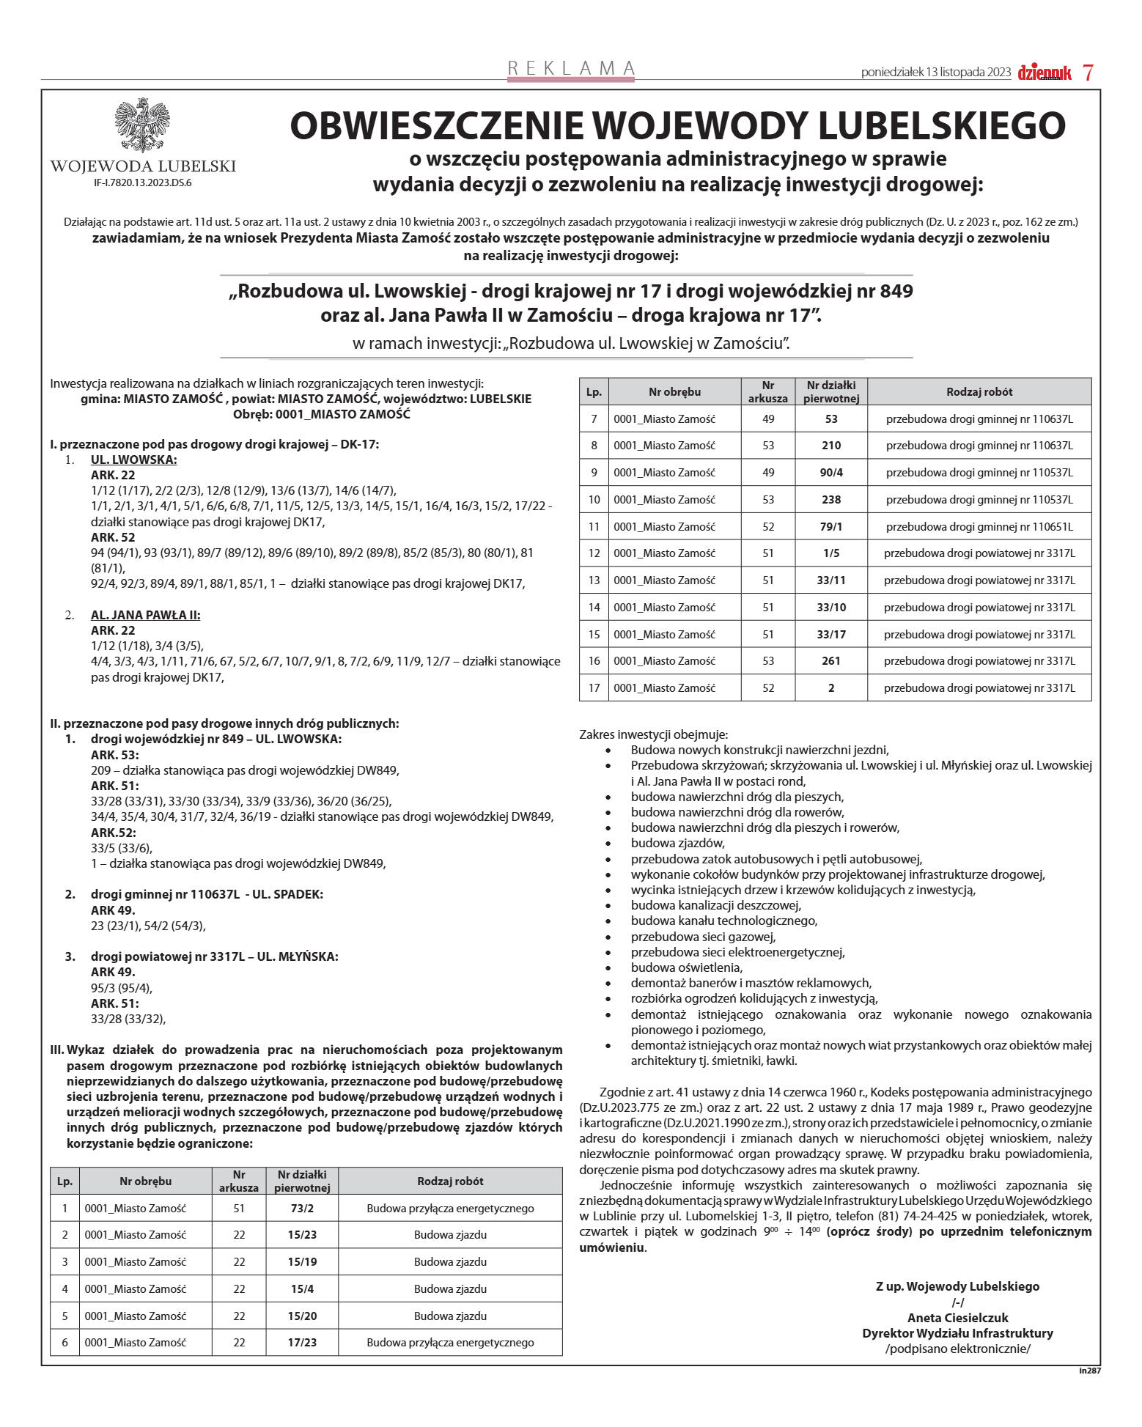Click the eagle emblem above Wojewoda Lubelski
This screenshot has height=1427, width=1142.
[142, 125]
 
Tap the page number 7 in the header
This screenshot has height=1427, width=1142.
[1088, 73]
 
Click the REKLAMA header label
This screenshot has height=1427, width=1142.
[571, 68]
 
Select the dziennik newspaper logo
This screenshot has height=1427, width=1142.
[1045, 73]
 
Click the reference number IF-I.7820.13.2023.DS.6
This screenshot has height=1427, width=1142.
[143, 183]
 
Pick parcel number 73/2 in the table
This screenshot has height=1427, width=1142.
[302, 1208]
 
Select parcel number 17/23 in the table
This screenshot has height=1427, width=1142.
[302, 1342]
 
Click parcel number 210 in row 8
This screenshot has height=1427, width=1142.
[830, 446]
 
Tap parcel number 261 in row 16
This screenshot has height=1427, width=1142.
[830, 661]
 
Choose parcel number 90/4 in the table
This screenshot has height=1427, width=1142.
[830, 473]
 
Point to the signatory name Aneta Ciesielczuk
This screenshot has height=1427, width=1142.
[957, 1317]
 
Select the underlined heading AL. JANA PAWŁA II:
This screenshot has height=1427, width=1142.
[145, 615]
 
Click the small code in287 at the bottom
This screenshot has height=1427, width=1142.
[1089, 1370]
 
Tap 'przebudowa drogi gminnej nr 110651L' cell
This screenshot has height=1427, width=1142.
[979, 526]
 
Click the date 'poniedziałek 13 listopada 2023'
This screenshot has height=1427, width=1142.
[936, 73]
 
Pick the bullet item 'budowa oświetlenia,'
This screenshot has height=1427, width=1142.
[686, 967]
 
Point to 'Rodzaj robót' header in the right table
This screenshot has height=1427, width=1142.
[979, 392]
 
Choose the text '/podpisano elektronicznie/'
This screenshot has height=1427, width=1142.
[957, 1349]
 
